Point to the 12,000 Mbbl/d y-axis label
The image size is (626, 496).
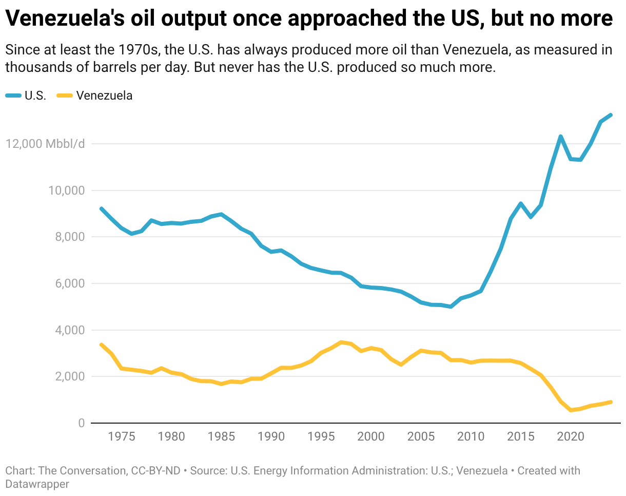pyautogui.click(x=45, y=144)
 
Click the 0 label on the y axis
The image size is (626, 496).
pyautogui.click(x=81, y=423)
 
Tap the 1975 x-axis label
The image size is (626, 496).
pyautogui.click(x=121, y=437)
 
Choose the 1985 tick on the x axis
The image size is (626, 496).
pyautogui.click(x=221, y=437)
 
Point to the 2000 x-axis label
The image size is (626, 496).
pyautogui.click(x=370, y=437)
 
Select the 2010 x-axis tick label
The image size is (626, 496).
pyautogui.click(x=471, y=437)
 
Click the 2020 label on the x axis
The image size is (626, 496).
pyautogui.click(x=570, y=437)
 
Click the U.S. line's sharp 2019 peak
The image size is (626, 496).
pyautogui.click(x=560, y=136)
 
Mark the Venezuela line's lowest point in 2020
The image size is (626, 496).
pyautogui.click(x=571, y=410)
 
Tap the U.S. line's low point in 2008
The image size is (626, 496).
pyautogui.click(x=451, y=307)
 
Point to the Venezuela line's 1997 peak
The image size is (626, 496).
pyautogui.click(x=341, y=342)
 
